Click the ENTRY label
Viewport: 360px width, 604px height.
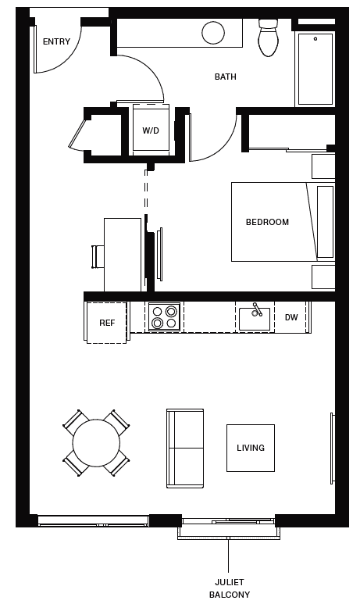pyautogui.click(x=56, y=41)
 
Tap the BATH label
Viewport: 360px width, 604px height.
pyautogui.click(x=225, y=77)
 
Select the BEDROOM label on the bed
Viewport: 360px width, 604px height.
pyautogui.click(x=267, y=222)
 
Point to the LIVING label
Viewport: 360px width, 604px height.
pyautogui.click(x=251, y=448)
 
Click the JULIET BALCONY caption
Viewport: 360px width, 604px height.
pyautogui.click(x=229, y=588)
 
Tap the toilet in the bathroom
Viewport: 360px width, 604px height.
pyautogui.click(x=269, y=38)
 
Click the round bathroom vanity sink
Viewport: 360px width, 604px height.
pyautogui.click(x=214, y=32)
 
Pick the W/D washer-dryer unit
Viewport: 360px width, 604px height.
pyautogui.click(x=150, y=130)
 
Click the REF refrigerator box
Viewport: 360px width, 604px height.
pyautogui.click(x=106, y=322)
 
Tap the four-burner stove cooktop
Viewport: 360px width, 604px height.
pyautogui.click(x=164, y=316)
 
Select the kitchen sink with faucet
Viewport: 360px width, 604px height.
pyautogui.click(x=254, y=317)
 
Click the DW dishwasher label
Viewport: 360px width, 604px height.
pyautogui.click(x=291, y=317)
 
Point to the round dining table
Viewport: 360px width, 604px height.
pyautogui.click(x=96, y=442)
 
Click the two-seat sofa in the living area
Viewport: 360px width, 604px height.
pyautogui.click(x=184, y=448)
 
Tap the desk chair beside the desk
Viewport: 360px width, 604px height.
pyautogui.click(x=98, y=256)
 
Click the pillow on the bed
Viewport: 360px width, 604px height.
pyautogui.click(x=325, y=222)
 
